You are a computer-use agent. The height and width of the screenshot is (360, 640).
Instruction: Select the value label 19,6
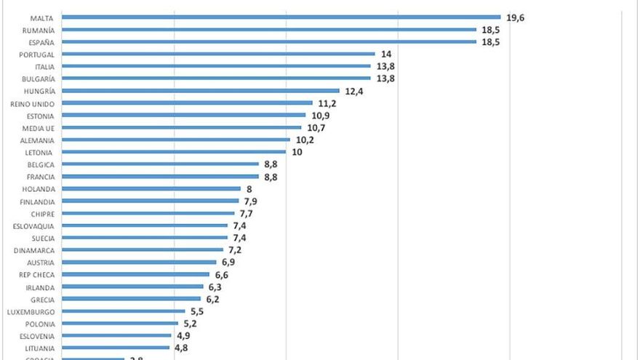516,17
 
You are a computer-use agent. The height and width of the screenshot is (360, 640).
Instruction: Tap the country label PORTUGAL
38,54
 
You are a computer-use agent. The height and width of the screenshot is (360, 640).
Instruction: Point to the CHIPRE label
41,214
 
